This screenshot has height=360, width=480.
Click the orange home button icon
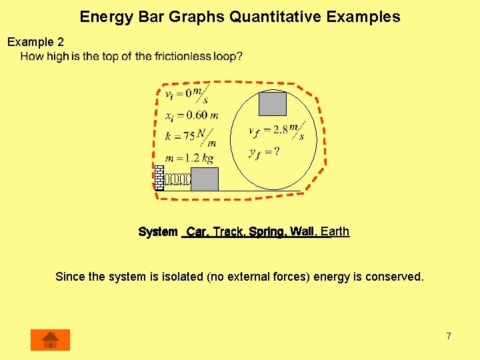(50, 339)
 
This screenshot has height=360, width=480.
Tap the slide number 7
(449, 336)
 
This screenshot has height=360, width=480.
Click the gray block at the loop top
(272, 103)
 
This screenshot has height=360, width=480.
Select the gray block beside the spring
(204, 179)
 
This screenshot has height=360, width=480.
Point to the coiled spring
(177, 179)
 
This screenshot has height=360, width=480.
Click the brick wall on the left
(159, 177)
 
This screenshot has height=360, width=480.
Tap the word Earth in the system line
(335, 231)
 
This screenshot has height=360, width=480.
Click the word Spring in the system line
(267, 232)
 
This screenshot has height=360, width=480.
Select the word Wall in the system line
(302, 232)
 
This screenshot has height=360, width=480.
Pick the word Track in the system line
(228, 232)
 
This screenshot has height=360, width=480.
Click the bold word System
(158, 232)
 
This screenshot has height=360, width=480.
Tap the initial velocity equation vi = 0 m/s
(187, 93)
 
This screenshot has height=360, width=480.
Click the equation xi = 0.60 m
(192, 115)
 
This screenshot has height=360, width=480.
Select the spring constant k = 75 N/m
(191, 137)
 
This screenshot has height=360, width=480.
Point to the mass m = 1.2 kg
(191, 159)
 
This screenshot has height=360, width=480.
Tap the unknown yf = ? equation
(264, 152)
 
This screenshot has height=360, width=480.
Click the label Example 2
(35, 42)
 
